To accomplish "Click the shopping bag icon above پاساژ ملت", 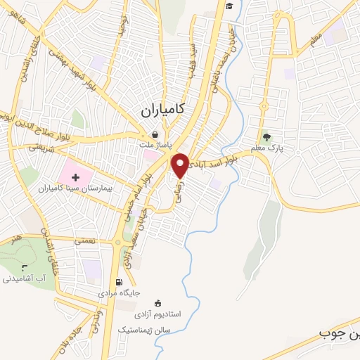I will (155, 134).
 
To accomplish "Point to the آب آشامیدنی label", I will (25, 278).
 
